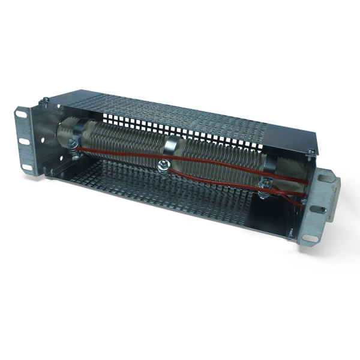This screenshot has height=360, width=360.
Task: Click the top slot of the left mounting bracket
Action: [x=20, y=112]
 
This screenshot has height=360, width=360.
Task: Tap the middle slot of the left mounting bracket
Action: [x=24, y=142]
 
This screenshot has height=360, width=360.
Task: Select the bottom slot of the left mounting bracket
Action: [x=28, y=169]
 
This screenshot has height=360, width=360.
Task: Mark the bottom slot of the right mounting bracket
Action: [x=311, y=238]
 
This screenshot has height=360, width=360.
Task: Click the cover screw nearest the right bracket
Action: [x=310, y=151]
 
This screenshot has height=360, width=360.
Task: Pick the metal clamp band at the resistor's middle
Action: [x=170, y=146]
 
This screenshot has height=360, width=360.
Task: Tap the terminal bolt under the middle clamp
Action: [x=161, y=166]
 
